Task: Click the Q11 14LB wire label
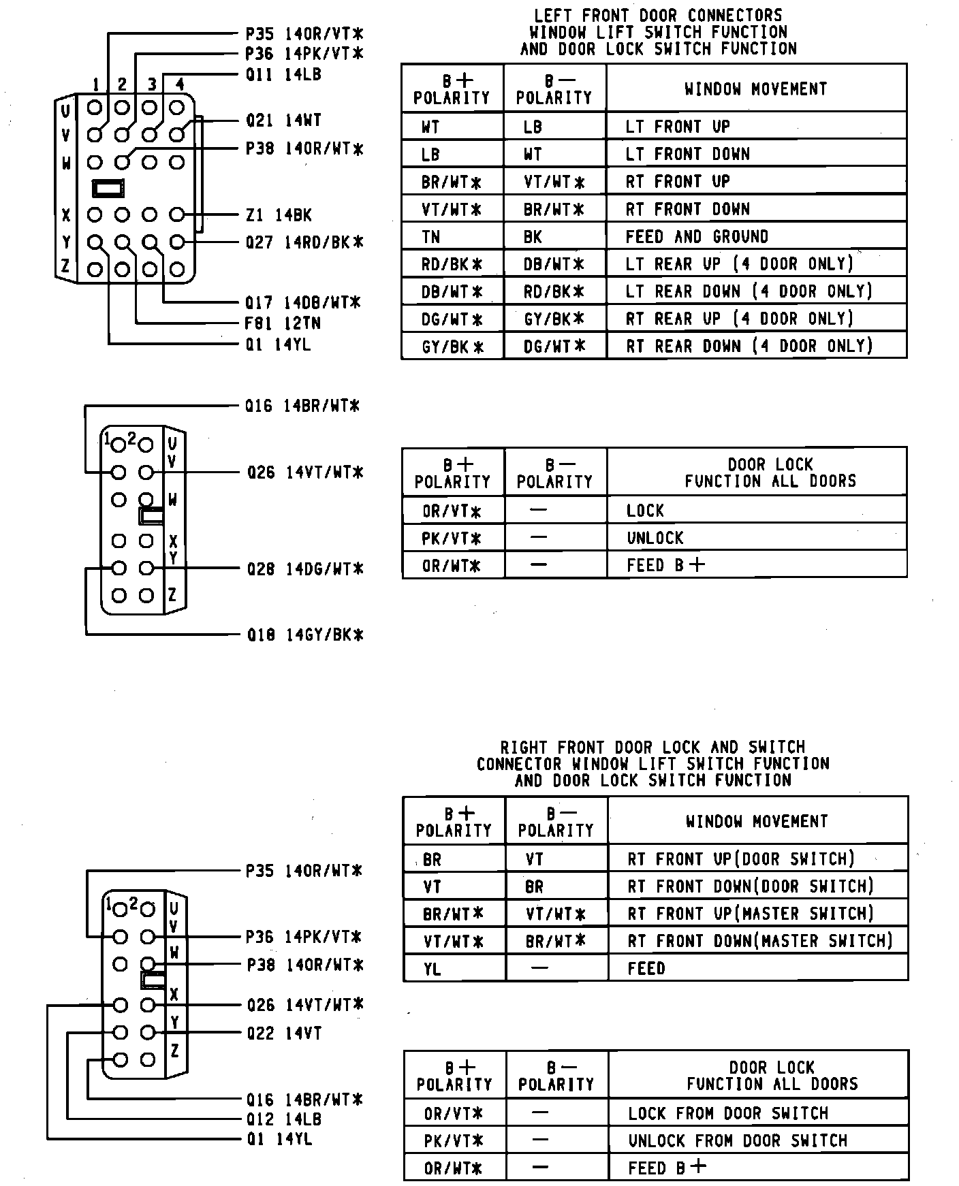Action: coord(283,75)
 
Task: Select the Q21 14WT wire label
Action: coord(283,121)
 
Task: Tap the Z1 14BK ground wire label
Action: coord(279,216)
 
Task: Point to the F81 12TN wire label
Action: coord(283,323)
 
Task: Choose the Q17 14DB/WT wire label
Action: coord(303,302)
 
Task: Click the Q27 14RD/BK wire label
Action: coord(304,242)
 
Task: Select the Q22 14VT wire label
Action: coord(284,1033)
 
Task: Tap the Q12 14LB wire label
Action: coord(284,1119)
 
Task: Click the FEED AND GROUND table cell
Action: coord(697,237)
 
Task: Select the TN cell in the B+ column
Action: coord(431,237)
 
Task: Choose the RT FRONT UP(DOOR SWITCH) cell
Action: coord(740,859)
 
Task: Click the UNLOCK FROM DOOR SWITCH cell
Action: coord(737,1140)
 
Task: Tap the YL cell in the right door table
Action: coord(432,968)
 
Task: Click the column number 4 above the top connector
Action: coord(180,84)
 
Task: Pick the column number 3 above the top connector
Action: coord(153,84)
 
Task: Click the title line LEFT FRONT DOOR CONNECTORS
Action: coord(658,15)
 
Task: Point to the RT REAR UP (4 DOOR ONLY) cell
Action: coord(740,319)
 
